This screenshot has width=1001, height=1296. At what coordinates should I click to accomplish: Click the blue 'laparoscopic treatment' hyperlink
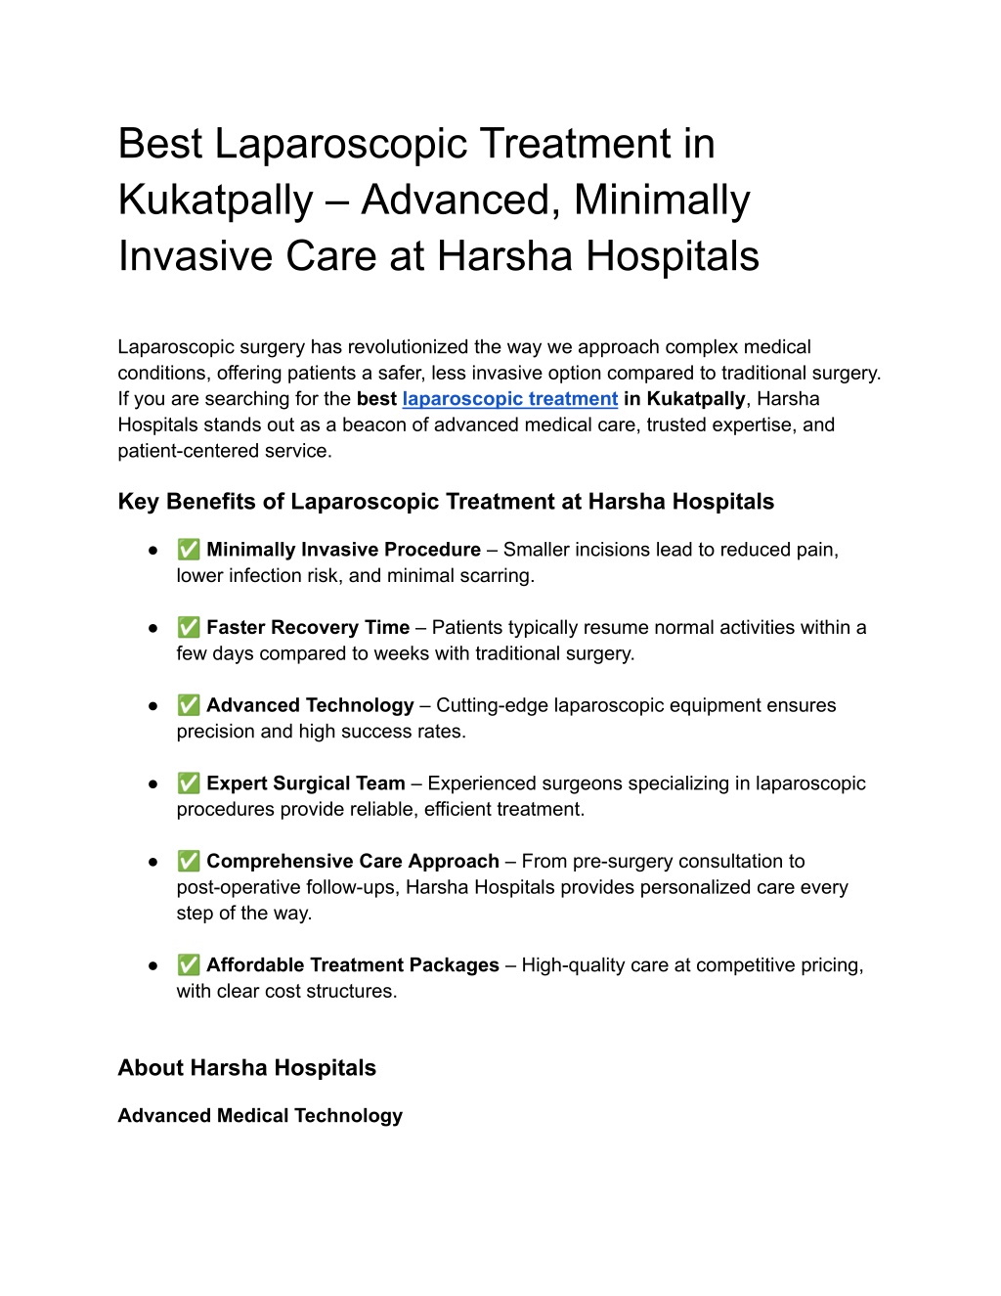tap(509, 399)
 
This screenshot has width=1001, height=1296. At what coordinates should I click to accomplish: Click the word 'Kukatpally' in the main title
tap(215, 201)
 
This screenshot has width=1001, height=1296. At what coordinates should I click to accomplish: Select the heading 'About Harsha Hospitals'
tap(246, 1068)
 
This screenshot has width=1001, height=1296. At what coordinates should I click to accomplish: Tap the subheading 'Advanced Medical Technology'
tap(260, 1116)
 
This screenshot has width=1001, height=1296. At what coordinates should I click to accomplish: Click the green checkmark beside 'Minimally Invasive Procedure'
tap(189, 550)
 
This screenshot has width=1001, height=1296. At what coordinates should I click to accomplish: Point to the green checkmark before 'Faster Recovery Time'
tap(189, 628)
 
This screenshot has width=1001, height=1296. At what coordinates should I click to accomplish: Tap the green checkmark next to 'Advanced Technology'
tap(189, 705)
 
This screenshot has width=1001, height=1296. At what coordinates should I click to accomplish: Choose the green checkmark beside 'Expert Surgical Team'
tap(189, 783)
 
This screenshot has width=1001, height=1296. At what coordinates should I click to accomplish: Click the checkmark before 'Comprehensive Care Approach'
tap(189, 862)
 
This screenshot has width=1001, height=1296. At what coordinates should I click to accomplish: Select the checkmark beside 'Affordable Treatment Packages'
tap(189, 965)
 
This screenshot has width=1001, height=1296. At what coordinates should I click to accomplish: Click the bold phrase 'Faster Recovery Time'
tap(308, 628)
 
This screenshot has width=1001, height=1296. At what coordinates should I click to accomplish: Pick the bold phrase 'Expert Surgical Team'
tap(305, 783)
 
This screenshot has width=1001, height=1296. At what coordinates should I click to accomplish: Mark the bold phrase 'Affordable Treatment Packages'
tap(352, 965)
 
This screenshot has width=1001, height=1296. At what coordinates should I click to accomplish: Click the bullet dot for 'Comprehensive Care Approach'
tap(153, 863)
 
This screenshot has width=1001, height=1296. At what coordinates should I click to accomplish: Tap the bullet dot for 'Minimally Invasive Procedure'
tap(153, 551)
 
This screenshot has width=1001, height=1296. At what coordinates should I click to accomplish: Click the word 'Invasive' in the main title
tap(196, 256)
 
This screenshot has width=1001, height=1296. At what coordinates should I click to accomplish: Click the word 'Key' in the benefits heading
tap(138, 502)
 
